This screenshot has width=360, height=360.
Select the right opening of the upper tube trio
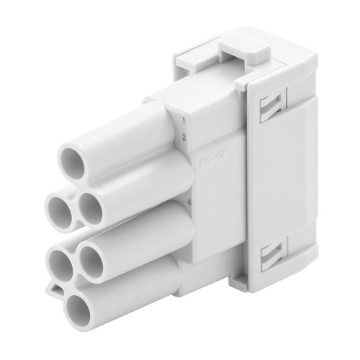(91, 209)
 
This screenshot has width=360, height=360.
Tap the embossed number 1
(184, 122)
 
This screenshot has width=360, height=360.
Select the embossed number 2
(184, 137)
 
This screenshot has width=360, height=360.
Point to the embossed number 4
(188, 203)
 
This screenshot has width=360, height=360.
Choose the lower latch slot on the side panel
(272, 253)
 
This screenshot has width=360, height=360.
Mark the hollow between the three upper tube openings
(76, 189)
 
